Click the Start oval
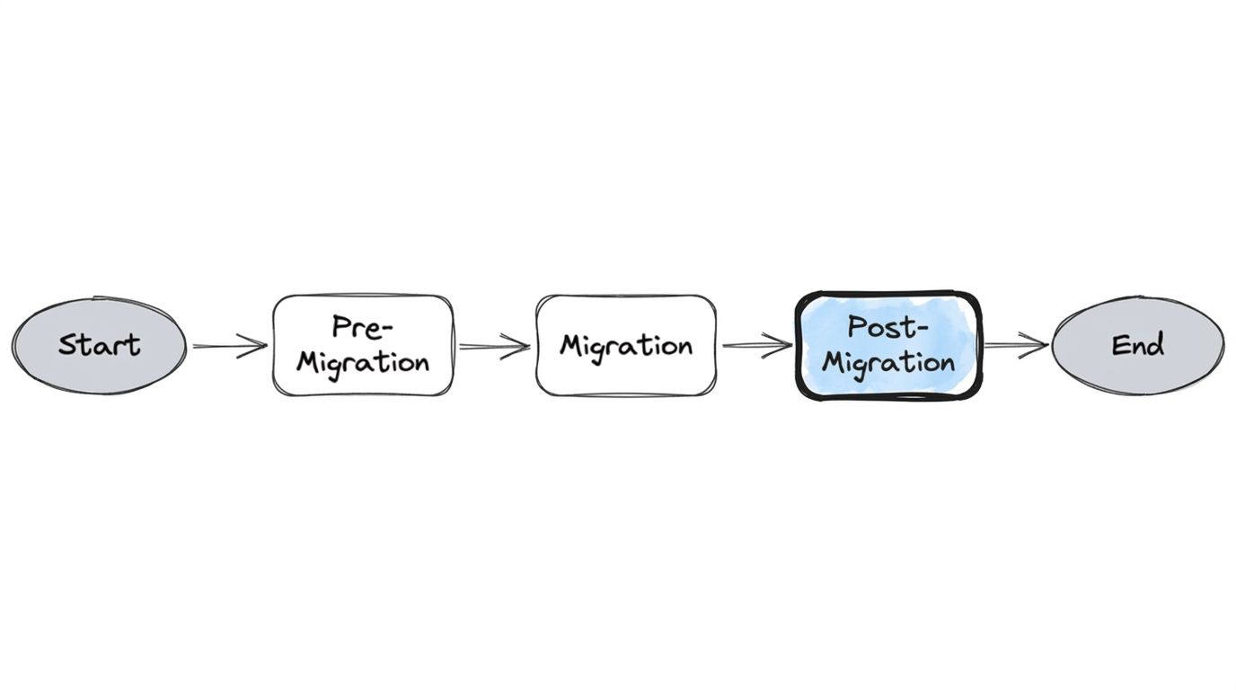pyautogui.click(x=99, y=346)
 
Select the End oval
pyautogui.click(x=1137, y=345)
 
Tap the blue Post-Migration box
pyautogui.click(x=888, y=345)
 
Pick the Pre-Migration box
pyautogui.click(x=363, y=345)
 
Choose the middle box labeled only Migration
pyautogui.click(x=626, y=345)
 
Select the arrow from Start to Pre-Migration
pyautogui.click(x=229, y=346)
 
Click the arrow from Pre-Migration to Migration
pyautogui.click(x=494, y=346)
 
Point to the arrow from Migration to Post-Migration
pyautogui.click(x=756, y=344)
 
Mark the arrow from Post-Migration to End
pyautogui.click(x=1016, y=344)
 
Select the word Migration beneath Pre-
pyautogui.click(x=363, y=363)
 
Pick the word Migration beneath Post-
pyautogui.click(x=888, y=364)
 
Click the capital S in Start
pyautogui.click(x=68, y=345)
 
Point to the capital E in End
pyautogui.click(x=1119, y=345)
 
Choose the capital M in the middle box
pyautogui.click(x=571, y=345)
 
